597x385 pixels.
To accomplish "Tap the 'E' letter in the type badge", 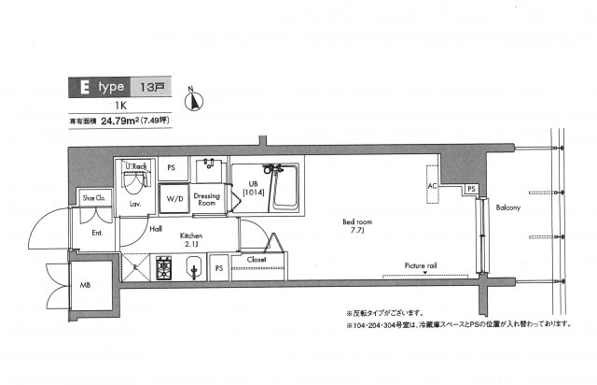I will click(82, 87).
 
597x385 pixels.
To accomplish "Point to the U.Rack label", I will click(136, 166).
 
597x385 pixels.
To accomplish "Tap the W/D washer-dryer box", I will click(174, 199).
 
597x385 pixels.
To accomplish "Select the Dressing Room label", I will click(206, 197).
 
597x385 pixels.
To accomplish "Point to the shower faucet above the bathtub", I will click(272, 170).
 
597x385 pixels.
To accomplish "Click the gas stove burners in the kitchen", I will click(164, 270).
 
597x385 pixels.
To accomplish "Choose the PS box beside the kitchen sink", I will click(218, 270).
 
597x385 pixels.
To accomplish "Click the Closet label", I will click(257, 259).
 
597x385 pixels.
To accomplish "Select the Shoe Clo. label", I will click(93, 198).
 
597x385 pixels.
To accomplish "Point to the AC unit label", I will click(432, 185).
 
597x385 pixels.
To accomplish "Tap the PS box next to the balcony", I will click(472, 190).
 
